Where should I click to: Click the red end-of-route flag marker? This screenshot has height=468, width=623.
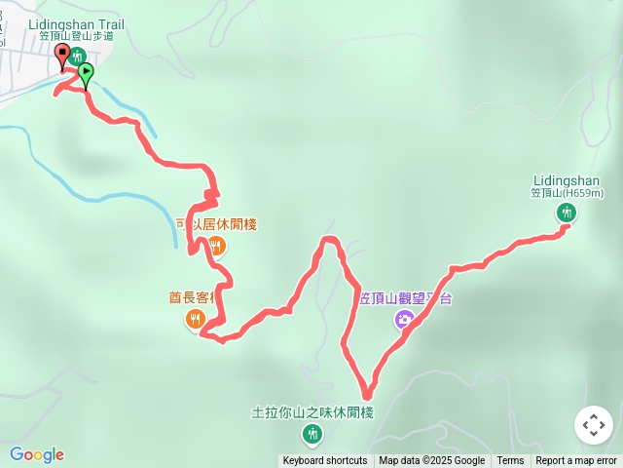[x=63, y=56]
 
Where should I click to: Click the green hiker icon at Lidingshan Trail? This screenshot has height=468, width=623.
[x=77, y=56]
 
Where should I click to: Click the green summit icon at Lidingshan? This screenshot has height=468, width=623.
[x=566, y=213]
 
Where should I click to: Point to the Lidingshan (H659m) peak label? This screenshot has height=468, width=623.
[x=567, y=186]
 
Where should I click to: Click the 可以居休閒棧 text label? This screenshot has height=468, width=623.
[x=215, y=224]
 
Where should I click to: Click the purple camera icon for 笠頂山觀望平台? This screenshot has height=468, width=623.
[x=403, y=319]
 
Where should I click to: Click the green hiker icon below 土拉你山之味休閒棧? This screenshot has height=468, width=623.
[x=311, y=433]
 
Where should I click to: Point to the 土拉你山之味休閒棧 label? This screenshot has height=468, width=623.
[x=311, y=411]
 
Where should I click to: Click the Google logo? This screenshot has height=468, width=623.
[x=36, y=454]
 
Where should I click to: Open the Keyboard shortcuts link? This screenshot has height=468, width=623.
[x=325, y=461]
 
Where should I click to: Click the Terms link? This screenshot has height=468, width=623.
[x=510, y=461]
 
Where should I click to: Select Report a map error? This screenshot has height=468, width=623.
[x=576, y=461]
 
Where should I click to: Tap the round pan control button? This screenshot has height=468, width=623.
[x=594, y=425]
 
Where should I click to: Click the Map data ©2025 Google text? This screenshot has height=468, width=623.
[x=431, y=461]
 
